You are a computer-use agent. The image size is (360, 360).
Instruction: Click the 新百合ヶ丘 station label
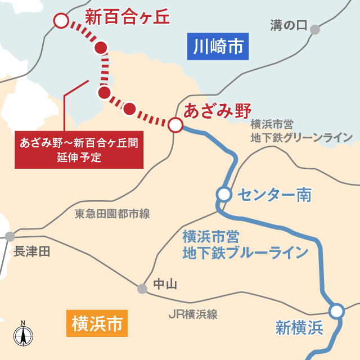click(x=127, y=17)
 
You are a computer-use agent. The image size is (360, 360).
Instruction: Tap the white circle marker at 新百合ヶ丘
click(x=60, y=21)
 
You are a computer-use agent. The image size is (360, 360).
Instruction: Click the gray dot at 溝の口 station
click(x=315, y=30)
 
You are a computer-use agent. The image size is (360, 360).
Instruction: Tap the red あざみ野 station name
click(x=217, y=110)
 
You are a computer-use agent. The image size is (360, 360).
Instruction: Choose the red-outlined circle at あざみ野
click(x=175, y=124)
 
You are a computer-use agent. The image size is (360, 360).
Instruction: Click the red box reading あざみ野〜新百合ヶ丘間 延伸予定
click(x=79, y=150)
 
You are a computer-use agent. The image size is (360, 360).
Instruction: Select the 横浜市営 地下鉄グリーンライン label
click(x=301, y=130)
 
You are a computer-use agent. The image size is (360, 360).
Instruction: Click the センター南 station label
click(x=274, y=195)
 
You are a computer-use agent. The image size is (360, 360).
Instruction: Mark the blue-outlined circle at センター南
click(x=224, y=195)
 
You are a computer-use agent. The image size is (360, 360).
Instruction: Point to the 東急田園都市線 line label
click(x=112, y=214)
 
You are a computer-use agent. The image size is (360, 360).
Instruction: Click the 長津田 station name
click(x=32, y=251)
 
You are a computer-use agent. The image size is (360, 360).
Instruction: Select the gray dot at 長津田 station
click(x=10, y=237)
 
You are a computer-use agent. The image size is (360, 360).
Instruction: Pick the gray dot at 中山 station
click(x=142, y=289)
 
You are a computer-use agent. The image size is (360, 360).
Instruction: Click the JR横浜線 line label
click(x=193, y=314)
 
